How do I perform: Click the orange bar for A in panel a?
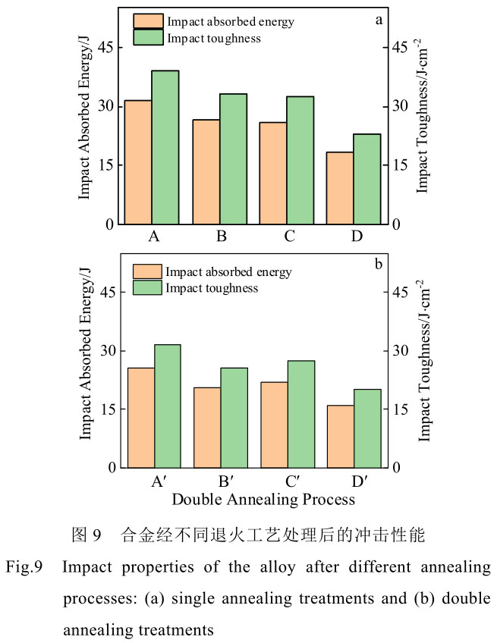pos(138,162)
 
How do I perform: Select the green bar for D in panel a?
pos(367,179)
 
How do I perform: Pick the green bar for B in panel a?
pos(233,158)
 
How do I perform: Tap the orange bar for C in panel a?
pos(273,173)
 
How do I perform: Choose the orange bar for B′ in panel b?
pos(207,427)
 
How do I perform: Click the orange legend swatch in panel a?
pos(147,21)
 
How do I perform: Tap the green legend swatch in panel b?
pos(147,288)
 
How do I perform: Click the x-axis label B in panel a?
pos(222,237)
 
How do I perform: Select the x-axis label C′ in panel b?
pos(289,481)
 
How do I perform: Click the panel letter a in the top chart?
pos(378,20)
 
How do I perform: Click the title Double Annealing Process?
pos(263,500)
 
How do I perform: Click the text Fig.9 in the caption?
pos(27,567)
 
